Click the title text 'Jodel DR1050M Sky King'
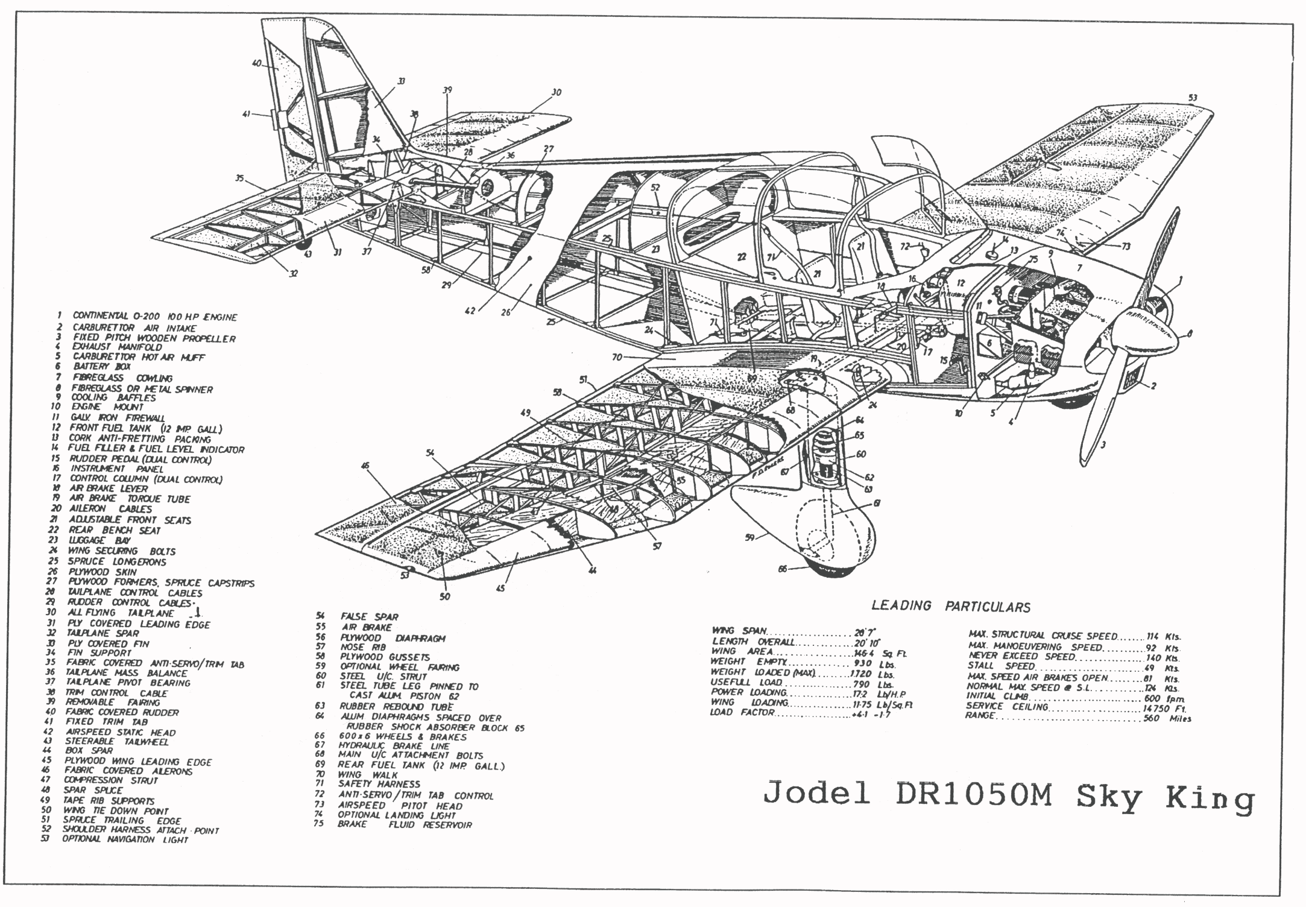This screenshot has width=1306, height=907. pyautogui.click(x=1008, y=798)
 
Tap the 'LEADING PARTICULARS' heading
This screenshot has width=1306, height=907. pyautogui.click(x=951, y=607)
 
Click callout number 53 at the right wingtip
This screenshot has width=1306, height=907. pyautogui.click(x=1192, y=98)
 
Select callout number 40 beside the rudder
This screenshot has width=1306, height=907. pyautogui.click(x=256, y=63)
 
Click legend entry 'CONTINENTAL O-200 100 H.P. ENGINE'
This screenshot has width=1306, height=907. pyautogui.click(x=155, y=317)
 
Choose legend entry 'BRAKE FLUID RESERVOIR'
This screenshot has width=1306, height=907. pyautogui.click(x=405, y=824)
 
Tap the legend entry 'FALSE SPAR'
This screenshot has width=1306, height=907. pyautogui.click(x=369, y=616)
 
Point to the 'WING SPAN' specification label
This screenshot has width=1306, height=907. pyautogui.click(x=739, y=631)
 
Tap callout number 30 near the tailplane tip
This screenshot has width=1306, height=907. pyautogui.click(x=556, y=93)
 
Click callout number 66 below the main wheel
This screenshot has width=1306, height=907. pyautogui.click(x=783, y=568)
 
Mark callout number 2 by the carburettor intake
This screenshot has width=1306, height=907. pyautogui.click(x=1153, y=386)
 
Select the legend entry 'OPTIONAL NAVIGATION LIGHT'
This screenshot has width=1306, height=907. pyautogui.click(x=125, y=839)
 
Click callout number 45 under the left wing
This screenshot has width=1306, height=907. pyautogui.click(x=500, y=589)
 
